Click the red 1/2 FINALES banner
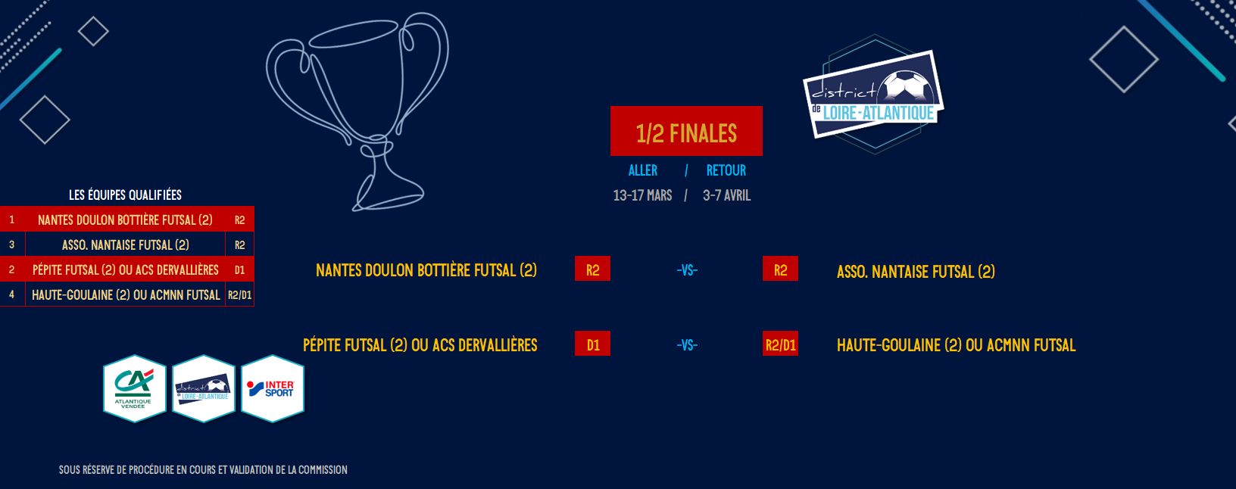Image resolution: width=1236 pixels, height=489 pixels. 686,131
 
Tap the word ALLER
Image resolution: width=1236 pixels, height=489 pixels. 643,170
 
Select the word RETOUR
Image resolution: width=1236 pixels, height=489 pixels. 726,170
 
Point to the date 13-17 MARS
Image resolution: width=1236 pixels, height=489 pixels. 642,195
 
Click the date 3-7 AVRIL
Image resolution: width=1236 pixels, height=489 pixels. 727,195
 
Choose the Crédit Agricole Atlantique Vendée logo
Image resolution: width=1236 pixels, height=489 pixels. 134,388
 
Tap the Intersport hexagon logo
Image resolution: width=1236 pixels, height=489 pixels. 273,388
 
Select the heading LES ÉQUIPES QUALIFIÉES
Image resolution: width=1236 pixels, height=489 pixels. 125,195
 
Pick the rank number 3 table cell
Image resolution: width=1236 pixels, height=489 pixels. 12,244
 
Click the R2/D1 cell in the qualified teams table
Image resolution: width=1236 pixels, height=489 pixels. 239,295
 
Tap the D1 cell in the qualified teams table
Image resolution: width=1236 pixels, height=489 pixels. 239,269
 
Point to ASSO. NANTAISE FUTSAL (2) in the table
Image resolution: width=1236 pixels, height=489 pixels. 125,244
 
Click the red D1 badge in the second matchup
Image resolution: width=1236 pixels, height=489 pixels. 592,344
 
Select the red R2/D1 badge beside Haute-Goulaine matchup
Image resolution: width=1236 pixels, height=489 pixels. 780,344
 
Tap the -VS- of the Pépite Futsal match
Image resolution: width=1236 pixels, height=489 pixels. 687,345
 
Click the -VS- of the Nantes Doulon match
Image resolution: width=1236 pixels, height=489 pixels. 687,270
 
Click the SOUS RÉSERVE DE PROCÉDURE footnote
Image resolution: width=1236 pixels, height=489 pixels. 203,470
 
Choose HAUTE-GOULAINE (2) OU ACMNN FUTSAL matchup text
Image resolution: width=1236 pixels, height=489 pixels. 957,345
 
